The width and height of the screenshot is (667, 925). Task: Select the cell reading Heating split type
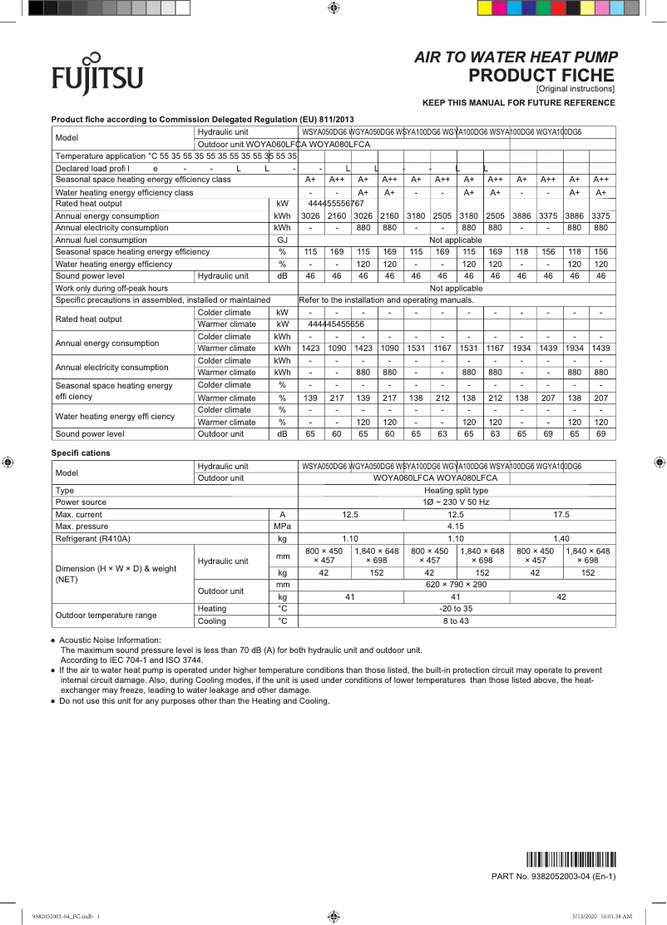[x=456, y=491]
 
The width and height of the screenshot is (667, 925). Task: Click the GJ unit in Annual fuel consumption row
[x=282, y=240]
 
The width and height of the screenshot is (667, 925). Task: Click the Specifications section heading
[x=81, y=453]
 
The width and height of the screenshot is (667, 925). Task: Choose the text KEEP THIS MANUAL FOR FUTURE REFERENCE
[x=519, y=103]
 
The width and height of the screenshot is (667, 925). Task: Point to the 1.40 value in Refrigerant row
[x=561, y=539]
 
